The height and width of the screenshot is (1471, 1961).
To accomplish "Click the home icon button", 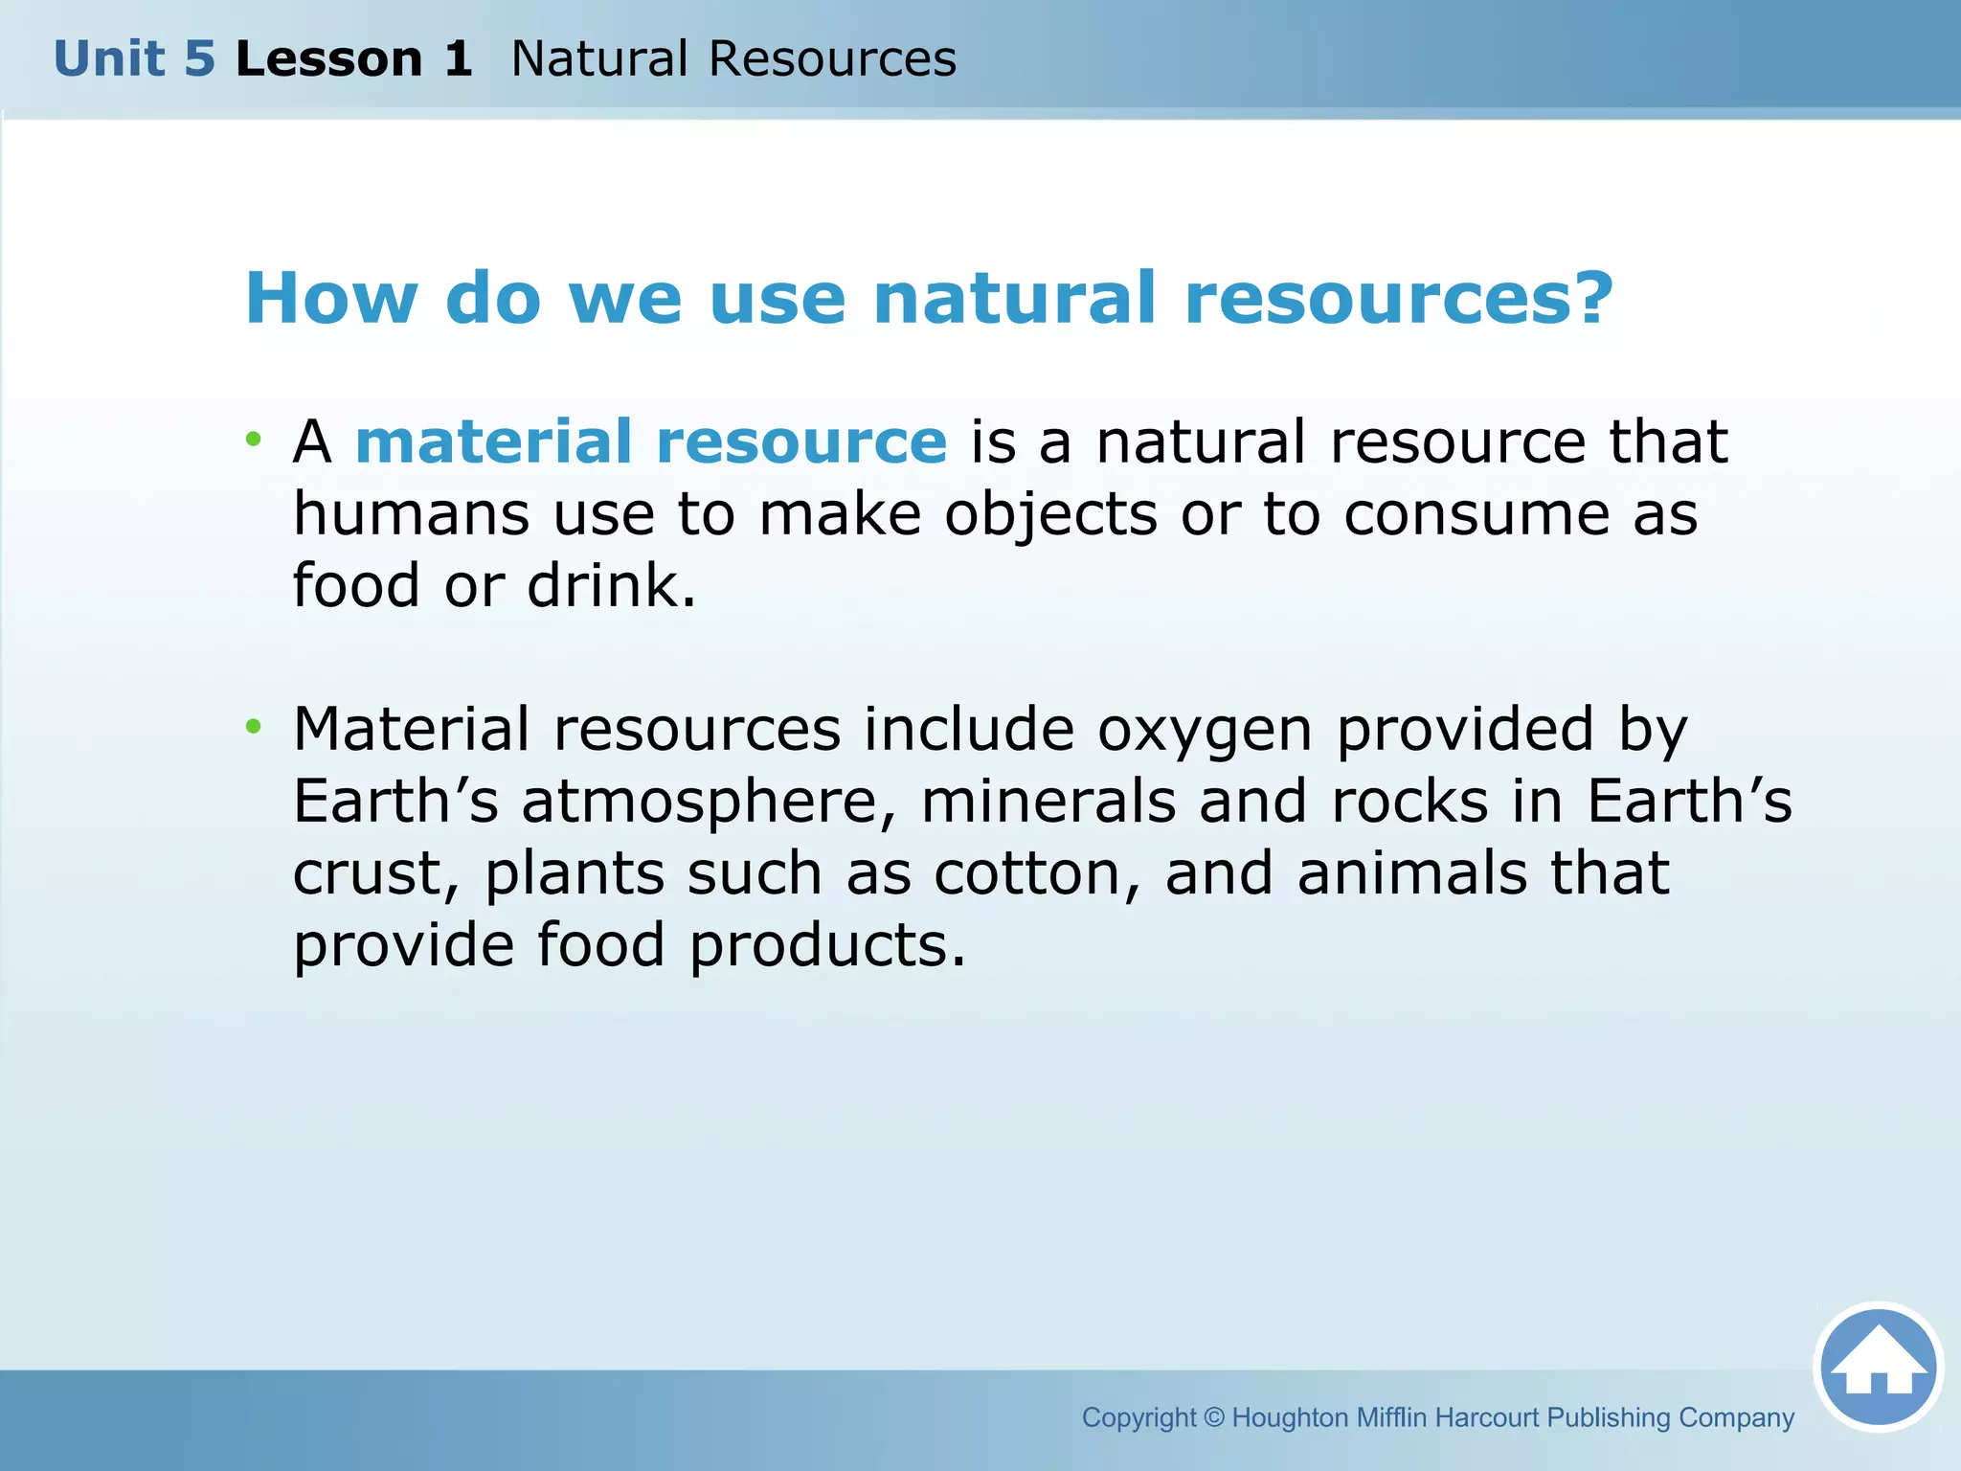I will (1878, 1368).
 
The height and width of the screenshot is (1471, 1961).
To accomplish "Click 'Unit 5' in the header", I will (134, 59).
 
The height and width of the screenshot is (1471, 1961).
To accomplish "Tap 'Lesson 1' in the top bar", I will (353, 59).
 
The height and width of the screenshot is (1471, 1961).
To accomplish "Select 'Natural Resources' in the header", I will (733, 59).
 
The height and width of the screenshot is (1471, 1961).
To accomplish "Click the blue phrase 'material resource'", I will (651, 441).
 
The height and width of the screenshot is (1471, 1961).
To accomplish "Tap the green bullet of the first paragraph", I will (253, 440).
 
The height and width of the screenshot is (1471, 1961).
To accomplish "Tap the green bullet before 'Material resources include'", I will (253, 727).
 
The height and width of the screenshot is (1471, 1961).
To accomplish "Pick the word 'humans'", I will (411, 514).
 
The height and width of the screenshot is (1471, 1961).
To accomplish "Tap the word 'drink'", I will (611, 585).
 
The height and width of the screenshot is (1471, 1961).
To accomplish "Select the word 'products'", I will (827, 946).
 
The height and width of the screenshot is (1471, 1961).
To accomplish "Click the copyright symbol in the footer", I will (1214, 1417).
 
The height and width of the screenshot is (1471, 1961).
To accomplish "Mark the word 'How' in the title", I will (331, 298).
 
